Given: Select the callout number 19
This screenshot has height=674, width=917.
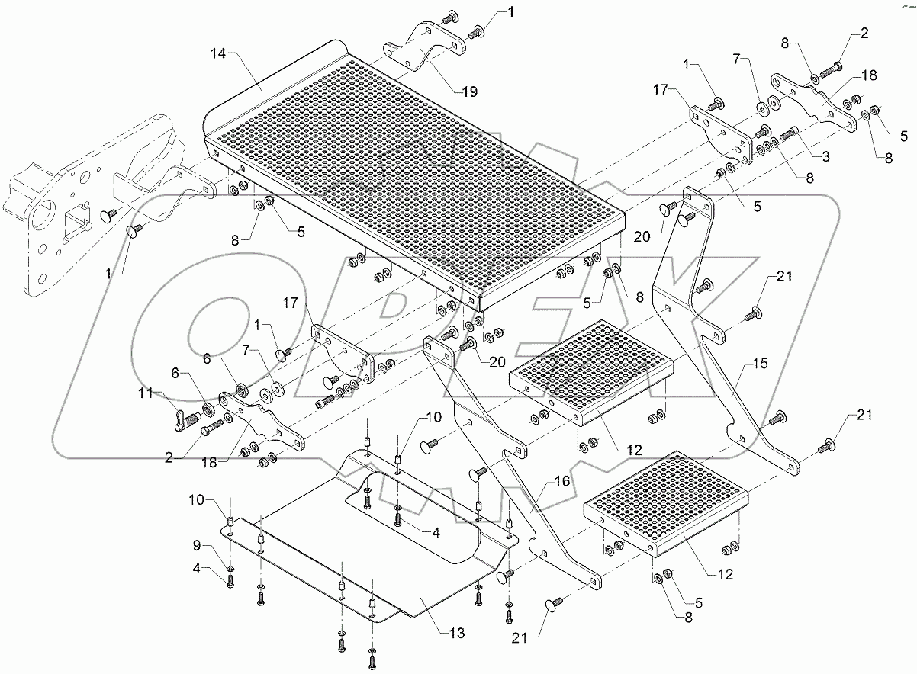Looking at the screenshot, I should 469,91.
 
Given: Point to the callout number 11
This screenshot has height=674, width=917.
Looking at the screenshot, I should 146,394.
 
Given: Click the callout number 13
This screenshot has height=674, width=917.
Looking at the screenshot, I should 456,633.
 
